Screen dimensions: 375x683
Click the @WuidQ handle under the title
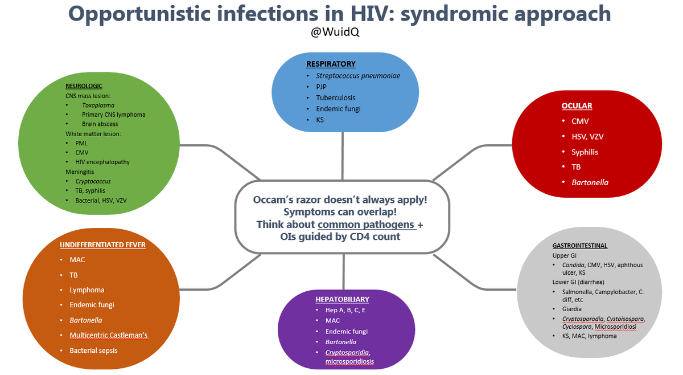coord(335,32)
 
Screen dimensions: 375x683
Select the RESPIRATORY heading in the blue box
coord(331,64)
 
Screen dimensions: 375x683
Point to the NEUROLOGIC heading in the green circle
coord(84,86)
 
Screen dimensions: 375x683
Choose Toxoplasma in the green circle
coord(98,105)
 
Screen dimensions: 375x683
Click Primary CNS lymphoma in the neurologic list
coord(113,115)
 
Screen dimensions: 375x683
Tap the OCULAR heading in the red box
coord(577,106)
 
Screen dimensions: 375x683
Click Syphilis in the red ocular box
coord(585,152)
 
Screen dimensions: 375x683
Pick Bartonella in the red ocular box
coord(590,182)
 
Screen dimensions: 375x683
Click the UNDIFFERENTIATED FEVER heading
coord(102,245)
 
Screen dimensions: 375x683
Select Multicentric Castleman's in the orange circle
coord(108,335)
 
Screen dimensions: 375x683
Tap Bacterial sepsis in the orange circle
coord(93,350)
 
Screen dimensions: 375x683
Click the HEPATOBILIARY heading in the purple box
coord(342,299)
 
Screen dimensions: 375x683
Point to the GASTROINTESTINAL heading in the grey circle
coord(579,246)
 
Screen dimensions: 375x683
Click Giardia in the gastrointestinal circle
coord(571,309)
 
